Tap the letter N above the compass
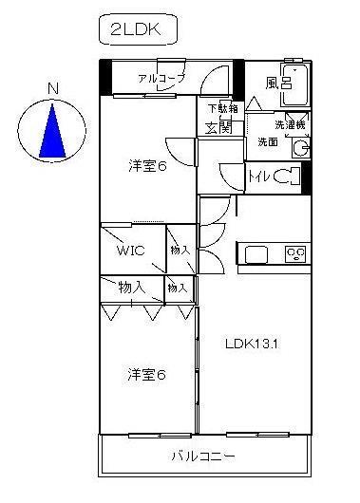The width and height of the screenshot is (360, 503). (x=54, y=90)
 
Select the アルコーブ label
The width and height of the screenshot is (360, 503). (x=161, y=78)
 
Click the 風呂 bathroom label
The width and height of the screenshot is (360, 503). (x=276, y=83)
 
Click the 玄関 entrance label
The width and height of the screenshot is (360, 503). (x=218, y=127)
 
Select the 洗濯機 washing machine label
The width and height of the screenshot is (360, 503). (x=291, y=123)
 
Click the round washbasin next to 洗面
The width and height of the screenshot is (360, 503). (x=301, y=147)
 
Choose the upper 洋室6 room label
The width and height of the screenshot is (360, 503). (x=147, y=167)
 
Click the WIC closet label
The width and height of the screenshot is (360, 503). (x=130, y=251)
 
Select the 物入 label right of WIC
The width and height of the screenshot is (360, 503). (x=180, y=249)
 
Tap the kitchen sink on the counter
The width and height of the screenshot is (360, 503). (x=257, y=253)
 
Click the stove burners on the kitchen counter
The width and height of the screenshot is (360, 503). (x=295, y=253)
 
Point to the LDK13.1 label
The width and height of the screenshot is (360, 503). (x=251, y=343)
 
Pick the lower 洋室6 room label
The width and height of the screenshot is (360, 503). (x=147, y=375)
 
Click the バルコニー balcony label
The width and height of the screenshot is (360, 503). (x=202, y=456)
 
